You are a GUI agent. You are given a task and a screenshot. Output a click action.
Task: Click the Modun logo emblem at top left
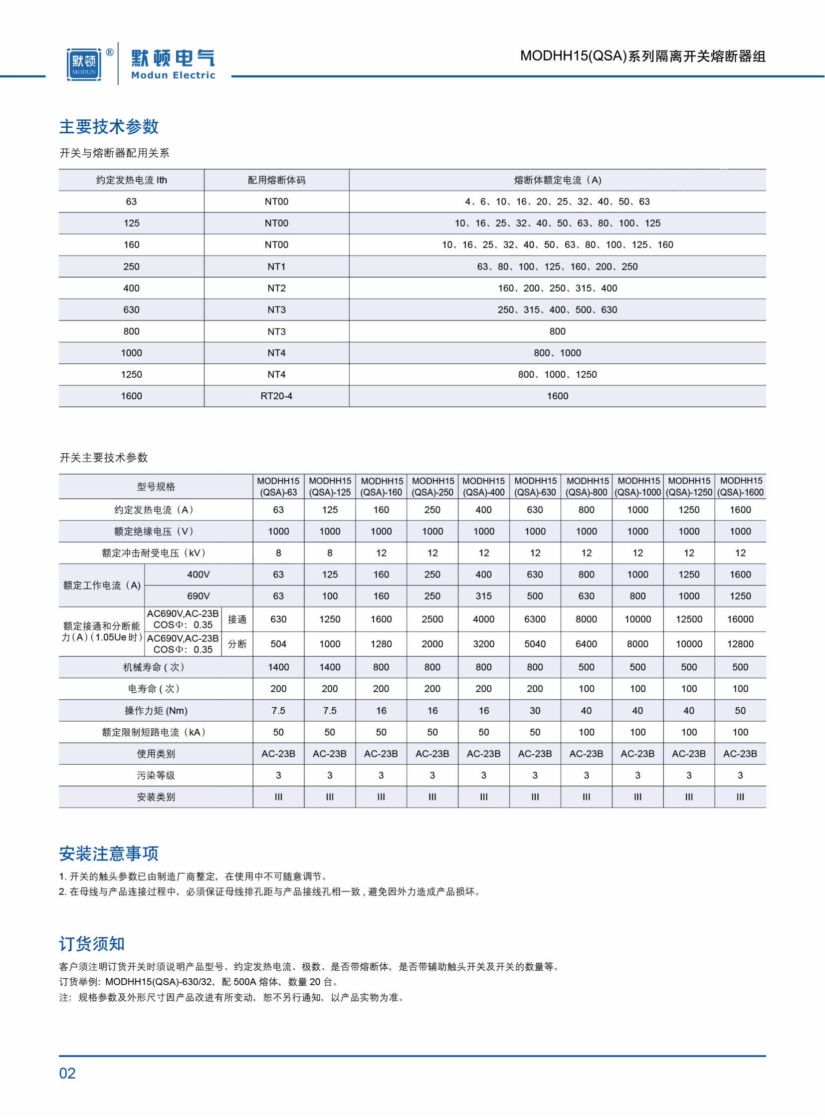84,64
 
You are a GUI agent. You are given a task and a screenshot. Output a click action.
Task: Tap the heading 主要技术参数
109,126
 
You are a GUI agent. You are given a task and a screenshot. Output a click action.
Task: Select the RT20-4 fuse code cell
276,396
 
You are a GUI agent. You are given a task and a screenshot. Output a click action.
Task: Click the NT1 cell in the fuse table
276,267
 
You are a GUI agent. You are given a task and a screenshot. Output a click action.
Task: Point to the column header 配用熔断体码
276,180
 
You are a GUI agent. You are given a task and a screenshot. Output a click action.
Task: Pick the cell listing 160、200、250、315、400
557,288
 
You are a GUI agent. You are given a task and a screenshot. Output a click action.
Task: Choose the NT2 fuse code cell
276,288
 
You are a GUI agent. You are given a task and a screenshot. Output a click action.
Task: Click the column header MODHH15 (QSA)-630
535,487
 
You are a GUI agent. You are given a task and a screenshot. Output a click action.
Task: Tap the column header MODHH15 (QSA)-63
278,487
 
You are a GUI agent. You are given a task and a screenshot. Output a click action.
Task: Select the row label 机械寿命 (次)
155,668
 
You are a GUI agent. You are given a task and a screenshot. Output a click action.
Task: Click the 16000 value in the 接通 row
740,620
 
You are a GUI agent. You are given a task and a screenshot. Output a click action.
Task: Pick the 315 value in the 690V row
483,596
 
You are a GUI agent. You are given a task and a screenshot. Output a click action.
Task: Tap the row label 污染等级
155,776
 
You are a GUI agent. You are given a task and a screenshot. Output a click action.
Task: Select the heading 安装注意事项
109,853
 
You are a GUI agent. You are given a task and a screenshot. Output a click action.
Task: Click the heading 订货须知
92,944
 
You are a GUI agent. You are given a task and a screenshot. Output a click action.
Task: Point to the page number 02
67,1074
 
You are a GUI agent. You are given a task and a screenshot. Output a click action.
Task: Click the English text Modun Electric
173,75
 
